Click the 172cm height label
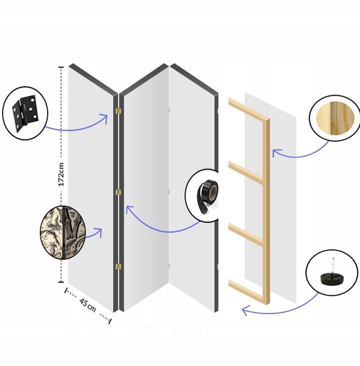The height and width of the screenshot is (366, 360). tap(61, 174)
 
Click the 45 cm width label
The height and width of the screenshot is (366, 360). tap(88, 305)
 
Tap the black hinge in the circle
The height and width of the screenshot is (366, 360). tap(24, 113)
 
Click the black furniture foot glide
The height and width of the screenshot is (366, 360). tap(332, 276)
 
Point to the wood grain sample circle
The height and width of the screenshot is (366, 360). tap(335, 118)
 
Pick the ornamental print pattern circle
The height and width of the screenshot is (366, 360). tap(63, 232)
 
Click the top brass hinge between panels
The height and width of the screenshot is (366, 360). tap(118, 110)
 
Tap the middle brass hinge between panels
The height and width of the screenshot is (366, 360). tap(118, 192)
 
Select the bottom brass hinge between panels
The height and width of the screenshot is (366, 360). tap(118, 266)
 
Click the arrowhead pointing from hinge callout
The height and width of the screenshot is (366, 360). tap(105, 117)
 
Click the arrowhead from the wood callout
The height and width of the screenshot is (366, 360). tap(275, 152)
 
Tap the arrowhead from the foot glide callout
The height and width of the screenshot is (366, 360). tap(245, 310)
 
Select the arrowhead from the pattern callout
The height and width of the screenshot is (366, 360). tap(99, 231)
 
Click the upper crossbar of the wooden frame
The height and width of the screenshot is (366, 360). tap(245, 172)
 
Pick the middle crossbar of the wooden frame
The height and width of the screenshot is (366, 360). tap(245, 236)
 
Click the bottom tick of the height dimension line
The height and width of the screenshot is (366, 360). tap(61, 282)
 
